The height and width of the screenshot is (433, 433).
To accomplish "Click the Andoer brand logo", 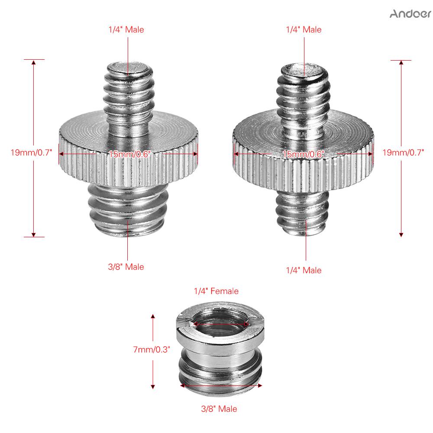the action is click(x=410, y=13).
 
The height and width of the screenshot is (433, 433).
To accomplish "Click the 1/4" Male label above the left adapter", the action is click(x=126, y=29).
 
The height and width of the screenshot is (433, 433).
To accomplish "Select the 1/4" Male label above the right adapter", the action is click(x=304, y=29).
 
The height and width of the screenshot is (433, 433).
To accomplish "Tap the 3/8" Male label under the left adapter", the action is click(x=126, y=267).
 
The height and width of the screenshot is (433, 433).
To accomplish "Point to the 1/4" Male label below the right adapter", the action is click(x=304, y=270).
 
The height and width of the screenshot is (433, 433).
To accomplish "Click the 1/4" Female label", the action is click(x=216, y=291).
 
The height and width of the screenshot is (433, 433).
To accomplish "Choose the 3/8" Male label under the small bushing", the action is click(x=219, y=409).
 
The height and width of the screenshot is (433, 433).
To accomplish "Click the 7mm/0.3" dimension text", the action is click(x=152, y=349).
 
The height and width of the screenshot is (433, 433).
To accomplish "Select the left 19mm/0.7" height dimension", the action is click(x=31, y=152).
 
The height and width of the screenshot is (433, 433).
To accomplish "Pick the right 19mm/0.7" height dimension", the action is click(x=403, y=152).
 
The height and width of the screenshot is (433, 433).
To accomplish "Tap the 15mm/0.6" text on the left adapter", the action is click(x=129, y=154).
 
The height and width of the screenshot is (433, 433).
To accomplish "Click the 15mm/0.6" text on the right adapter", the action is click(x=303, y=154).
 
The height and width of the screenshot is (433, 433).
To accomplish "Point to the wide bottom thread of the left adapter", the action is click(x=128, y=210).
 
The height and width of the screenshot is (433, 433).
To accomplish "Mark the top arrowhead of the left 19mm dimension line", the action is click(x=34, y=63).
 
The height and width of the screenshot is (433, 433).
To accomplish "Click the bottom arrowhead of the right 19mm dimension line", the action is click(x=401, y=234).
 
